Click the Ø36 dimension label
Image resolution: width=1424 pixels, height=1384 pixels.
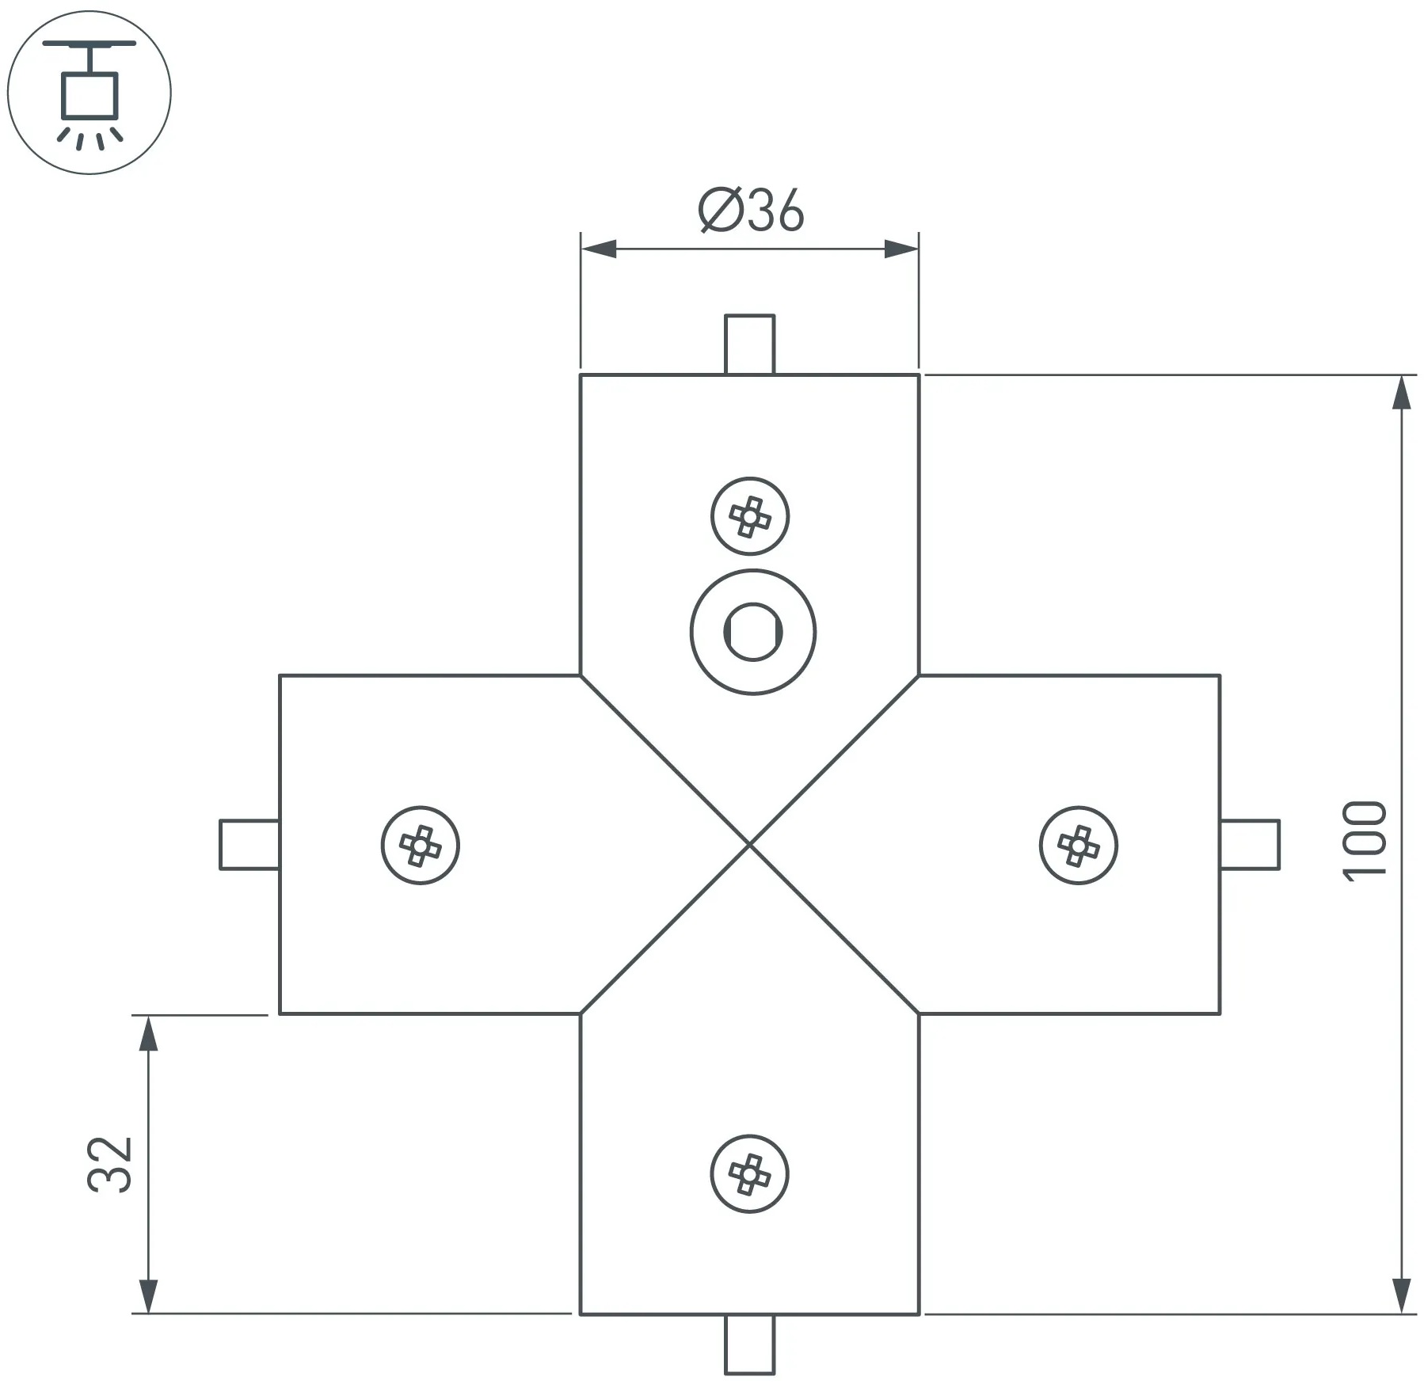(x=751, y=211)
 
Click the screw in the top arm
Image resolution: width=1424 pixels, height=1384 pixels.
(x=749, y=516)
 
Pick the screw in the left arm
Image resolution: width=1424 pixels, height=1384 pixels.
(x=420, y=846)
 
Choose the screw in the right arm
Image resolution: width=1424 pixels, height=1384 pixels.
(x=1078, y=846)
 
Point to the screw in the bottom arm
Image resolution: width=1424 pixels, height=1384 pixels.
(x=749, y=1173)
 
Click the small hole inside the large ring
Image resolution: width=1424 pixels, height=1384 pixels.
(x=752, y=632)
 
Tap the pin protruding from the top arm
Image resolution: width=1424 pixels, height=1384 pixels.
(x=749, y=344)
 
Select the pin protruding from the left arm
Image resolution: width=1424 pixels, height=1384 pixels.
(x=249, y=845)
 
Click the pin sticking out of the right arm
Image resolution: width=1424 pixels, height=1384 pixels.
(x=1250, y=845)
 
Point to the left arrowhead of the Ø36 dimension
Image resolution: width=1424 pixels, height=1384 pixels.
(x=599, y=249)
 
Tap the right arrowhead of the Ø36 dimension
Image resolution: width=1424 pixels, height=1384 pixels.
(x=901, y=249)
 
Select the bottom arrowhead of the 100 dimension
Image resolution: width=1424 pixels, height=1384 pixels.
(x=1401, y=1295)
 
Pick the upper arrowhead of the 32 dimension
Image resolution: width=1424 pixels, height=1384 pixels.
(x=148, y=1033)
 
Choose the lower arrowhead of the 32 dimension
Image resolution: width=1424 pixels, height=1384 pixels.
(x=148, y=1295)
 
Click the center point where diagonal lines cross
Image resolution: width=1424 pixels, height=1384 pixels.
(x=749, y=845)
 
